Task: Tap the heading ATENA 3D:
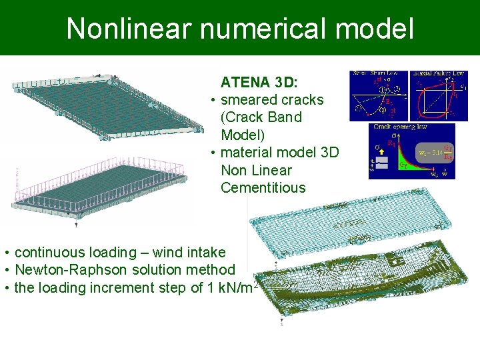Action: pyautogui.click(x=259, y=83)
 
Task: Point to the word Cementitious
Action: pyautogui.click(x=263, y=187)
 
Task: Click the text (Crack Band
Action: pyautogui.click(x=261, y=117)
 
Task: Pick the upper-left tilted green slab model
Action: pyautogui.click(x=107, y=107)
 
